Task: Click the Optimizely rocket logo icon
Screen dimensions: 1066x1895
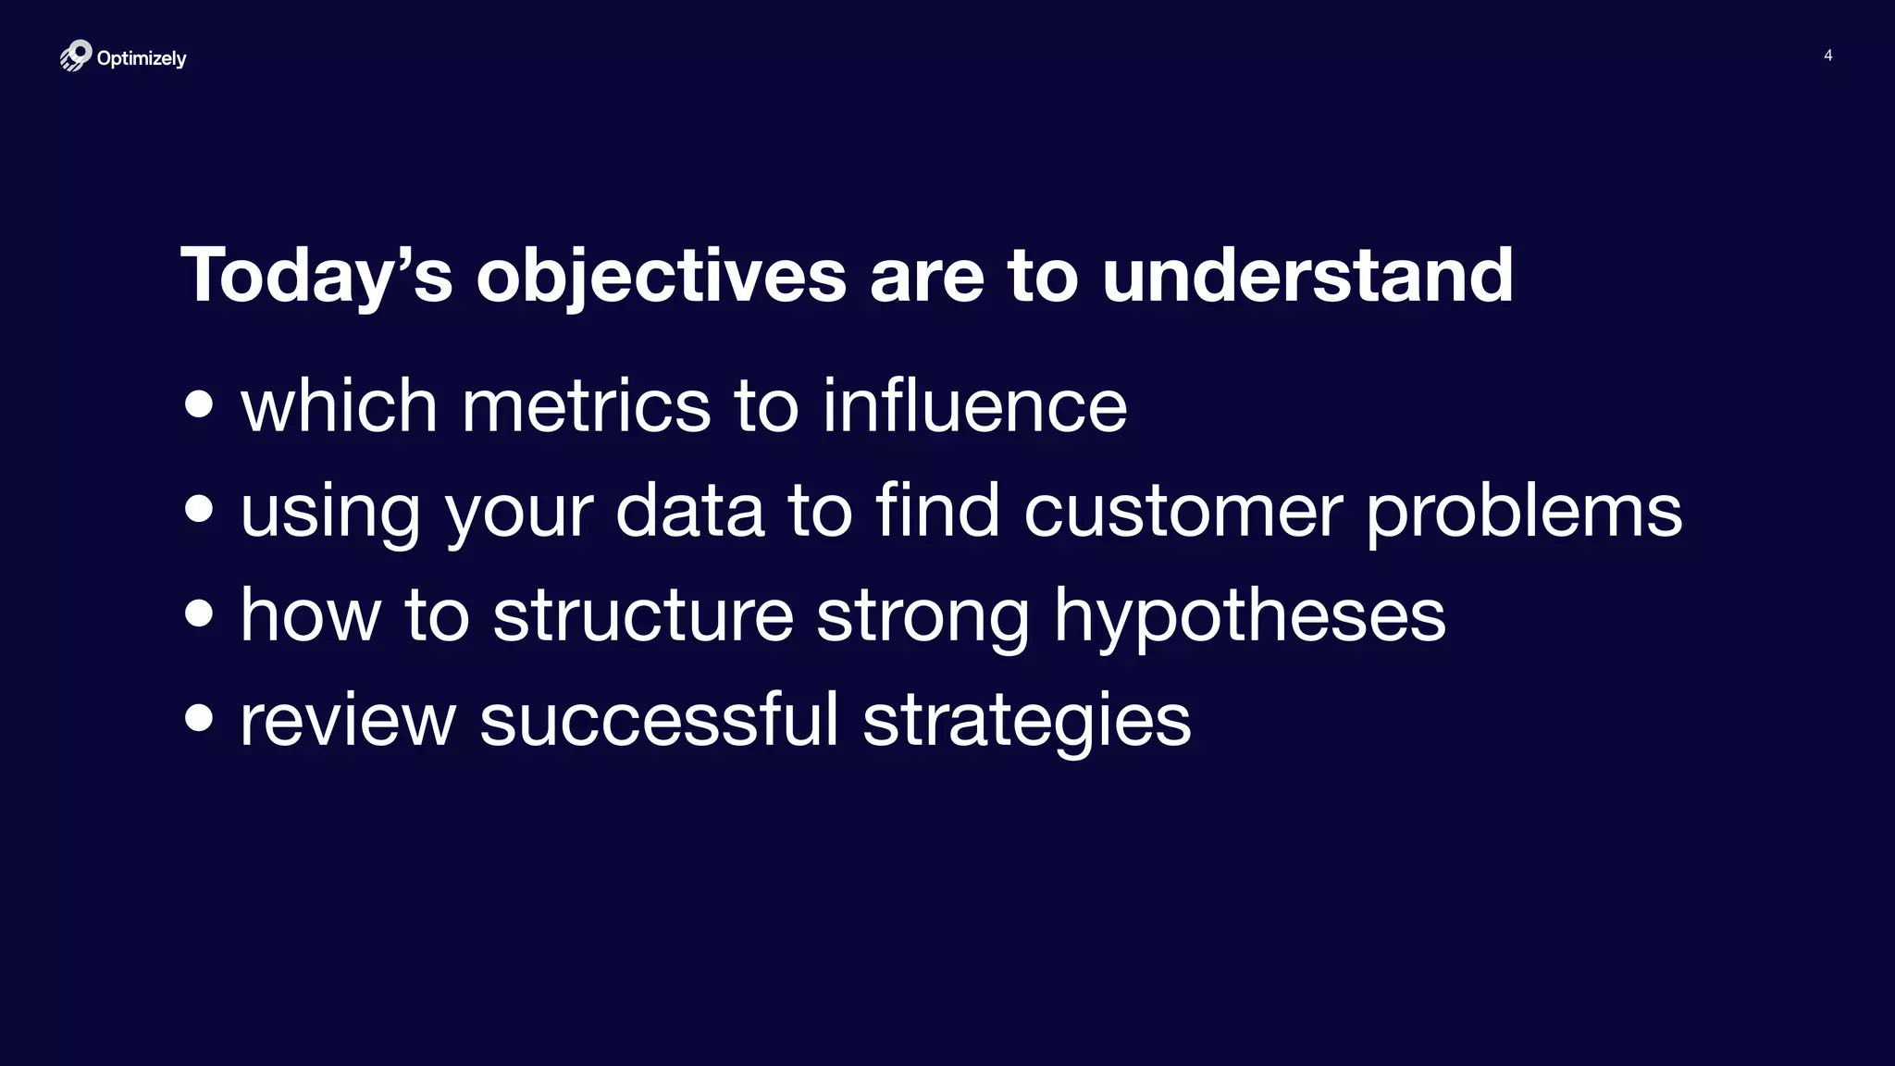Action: [x=76, y=56]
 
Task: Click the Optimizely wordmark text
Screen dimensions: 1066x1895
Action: [x=142, y=58]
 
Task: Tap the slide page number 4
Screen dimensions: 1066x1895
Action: [x=1827, y=56]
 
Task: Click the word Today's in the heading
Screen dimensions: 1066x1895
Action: [x=316, y=275]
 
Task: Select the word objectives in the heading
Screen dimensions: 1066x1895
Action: [x=661, y=275]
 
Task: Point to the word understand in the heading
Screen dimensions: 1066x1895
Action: [x=1307, y=275]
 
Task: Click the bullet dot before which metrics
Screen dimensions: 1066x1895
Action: [x=199, y=404]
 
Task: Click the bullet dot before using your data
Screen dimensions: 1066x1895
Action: [x=199, y=509]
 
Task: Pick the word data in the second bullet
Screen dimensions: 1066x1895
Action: [x=689, y=511]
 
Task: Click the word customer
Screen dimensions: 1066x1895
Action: [x=1183, y=511]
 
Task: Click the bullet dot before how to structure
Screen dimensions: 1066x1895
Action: [x=199, y=613]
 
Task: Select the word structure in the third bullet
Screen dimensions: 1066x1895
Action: [x=642, y=615]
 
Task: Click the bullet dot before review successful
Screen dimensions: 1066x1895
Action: [x=199, y=717]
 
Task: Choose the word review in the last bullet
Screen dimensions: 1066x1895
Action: [x=348, y=720]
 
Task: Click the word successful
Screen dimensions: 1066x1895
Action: [x=659, y=719]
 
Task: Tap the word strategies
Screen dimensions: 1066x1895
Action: [x=1026, y=721]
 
